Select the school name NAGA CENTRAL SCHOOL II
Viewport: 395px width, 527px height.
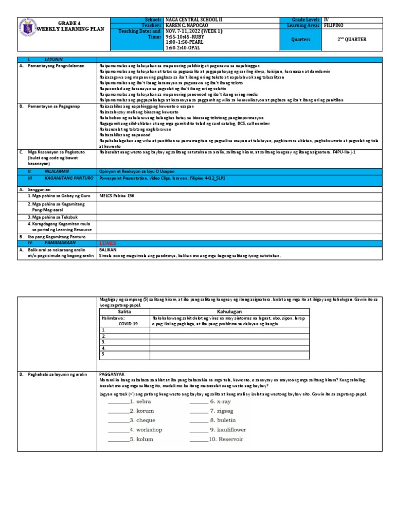pyautogui.click(x=193, y=19)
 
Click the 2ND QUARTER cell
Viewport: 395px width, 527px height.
pyautogui.click(x=352, y=40)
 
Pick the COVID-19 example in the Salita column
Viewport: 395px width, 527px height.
pyautogui.click(x=129, y=324)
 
